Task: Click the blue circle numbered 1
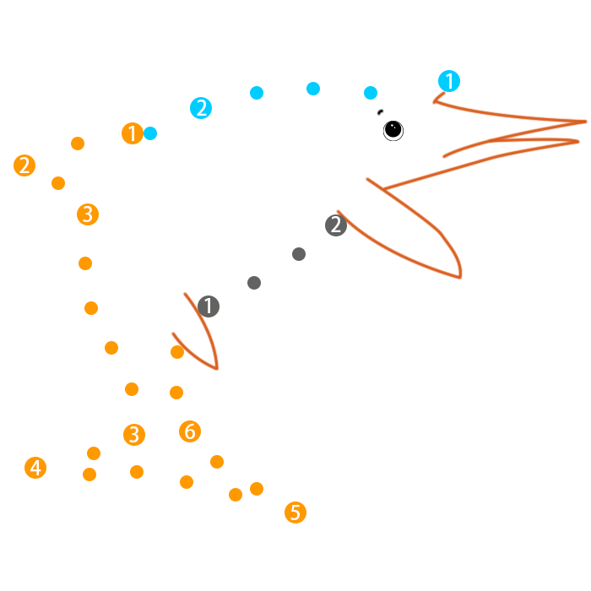(449, 81)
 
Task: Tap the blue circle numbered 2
(201, 108)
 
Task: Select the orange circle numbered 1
(132, 133)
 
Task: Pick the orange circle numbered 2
(24, 165)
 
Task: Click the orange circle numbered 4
(35, 468)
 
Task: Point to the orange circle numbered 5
(295, 512)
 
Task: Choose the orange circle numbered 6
(190, 431)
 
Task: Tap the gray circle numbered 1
(209, 306)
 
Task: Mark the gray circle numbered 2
(336, 225)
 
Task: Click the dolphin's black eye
(393, 129)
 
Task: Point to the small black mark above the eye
(380, 111)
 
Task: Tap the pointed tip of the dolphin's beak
(585, 122)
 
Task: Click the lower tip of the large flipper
(459, 277)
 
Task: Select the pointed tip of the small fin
(217, 368)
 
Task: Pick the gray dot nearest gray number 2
(299, 254)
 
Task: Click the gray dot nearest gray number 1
(254, 283)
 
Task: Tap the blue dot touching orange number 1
(150, 133)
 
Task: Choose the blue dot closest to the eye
(371, 93)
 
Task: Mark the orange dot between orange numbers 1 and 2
(78, 144)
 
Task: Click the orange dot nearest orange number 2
(58, 183)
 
